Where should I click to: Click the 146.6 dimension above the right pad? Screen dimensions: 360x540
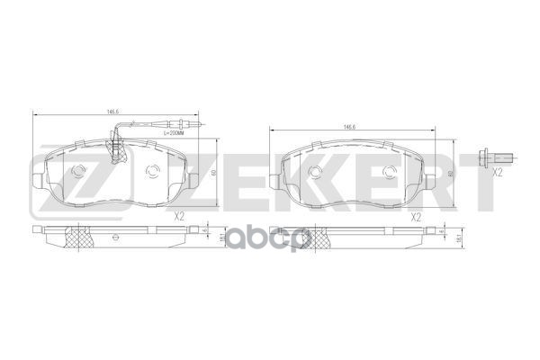347,128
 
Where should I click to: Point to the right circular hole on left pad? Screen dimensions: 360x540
152,174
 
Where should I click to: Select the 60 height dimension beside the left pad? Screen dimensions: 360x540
213,173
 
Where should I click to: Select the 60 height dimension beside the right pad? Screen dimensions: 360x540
451,173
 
